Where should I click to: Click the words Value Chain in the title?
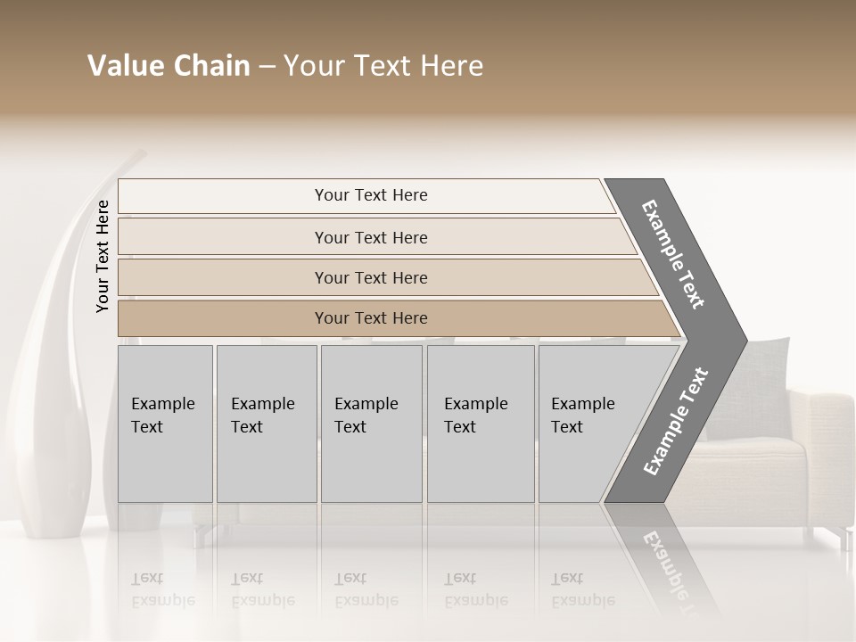[x=169, y=66]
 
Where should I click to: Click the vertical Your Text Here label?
[x=103, y=256]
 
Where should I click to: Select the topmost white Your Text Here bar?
[x=370, y=195]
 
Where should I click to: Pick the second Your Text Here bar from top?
[x=370, y=237]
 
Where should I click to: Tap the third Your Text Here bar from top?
[x=370, y=277]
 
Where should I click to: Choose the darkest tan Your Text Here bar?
[x=370, y=318]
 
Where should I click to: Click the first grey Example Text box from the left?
[x=165, y=424]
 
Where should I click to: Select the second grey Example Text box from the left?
[x=266, y=424]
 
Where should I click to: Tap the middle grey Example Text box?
[x=371, y=424]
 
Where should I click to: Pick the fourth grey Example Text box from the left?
[x=481, y=424]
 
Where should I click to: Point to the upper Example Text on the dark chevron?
[x=673, y=254]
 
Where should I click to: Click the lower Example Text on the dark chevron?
[x=676, y=421]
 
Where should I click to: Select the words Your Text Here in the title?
[x=383, y=66]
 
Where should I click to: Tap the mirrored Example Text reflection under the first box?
[x=162, y=590]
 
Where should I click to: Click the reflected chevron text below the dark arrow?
[x=671, y=562]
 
